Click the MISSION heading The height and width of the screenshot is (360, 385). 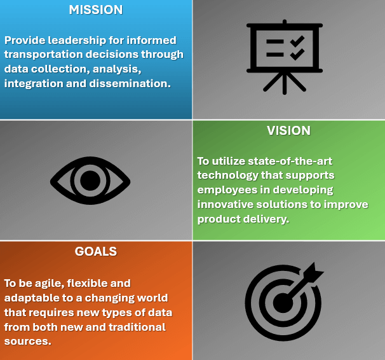click(95, 10)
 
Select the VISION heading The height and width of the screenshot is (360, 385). click(288, 130)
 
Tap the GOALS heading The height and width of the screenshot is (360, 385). click(96, 251)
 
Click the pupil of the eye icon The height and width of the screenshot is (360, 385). click(90, 181)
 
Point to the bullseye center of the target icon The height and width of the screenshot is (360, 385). click(282, 301)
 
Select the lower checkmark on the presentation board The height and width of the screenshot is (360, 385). click(297, 54)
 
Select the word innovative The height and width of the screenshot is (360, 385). click(227, 204)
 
